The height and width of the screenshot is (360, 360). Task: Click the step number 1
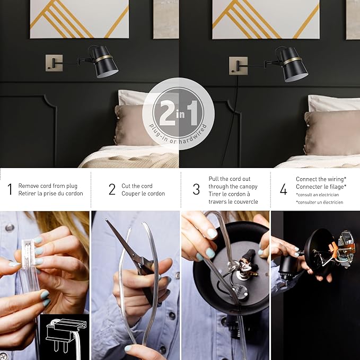(x=10, y=189)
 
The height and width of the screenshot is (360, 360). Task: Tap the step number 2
(x=112, y=189)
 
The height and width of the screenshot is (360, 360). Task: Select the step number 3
(x=196, y=189)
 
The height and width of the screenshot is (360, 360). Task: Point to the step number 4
(x=284, y=189)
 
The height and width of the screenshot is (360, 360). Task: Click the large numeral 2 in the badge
(x=168, y=113)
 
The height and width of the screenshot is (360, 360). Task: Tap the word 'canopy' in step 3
(x=249, y=187)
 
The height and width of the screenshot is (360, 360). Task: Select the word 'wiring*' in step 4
(x=337, y=179)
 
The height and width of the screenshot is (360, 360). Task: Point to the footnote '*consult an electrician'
(x=318, y=195)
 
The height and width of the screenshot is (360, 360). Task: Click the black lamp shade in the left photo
(x=106, y=62)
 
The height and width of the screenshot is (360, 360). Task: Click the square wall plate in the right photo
(x=238, y=66)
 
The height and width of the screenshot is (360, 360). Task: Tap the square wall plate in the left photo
(x=54, y=63)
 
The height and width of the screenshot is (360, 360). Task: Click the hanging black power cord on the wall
(x=231, y=122)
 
